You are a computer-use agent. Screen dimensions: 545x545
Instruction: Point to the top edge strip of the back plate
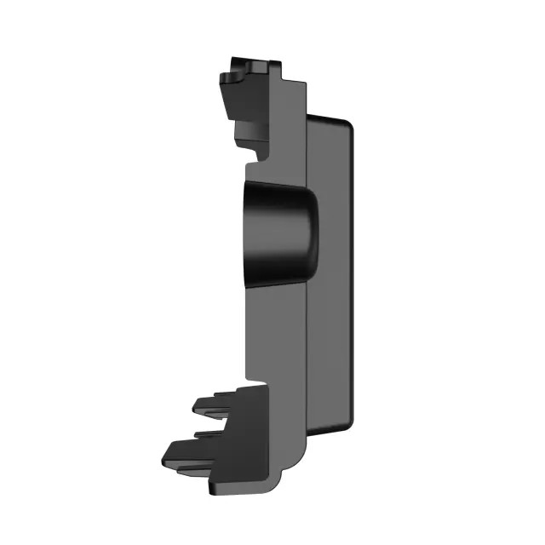(328, 117)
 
